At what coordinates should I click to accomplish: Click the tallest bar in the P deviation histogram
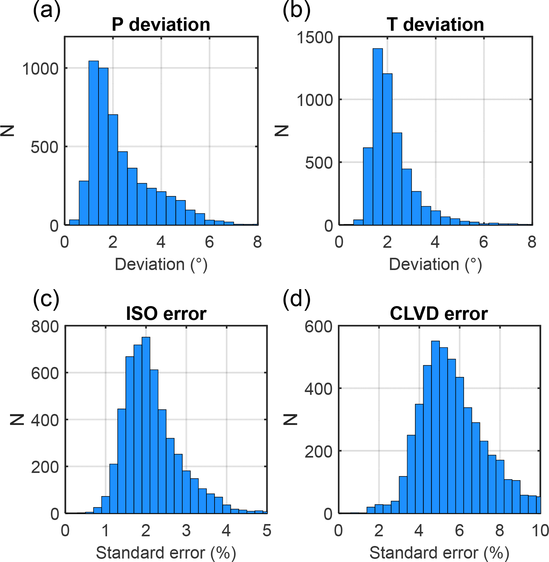(x=93, y=143)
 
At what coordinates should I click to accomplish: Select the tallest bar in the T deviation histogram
(x=378, y=136)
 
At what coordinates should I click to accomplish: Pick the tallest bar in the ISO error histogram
(x=146, y=425)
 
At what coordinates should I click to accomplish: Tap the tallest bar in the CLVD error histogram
(x=435, y=427)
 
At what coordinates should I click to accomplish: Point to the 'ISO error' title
(x=166, y=314)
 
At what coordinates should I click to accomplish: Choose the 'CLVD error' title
(x=439, y=314)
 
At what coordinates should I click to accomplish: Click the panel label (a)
(x=46, y=11)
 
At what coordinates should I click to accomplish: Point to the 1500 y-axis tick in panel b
(x=315, y=38)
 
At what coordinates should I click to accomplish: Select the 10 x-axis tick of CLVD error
(x=540, y=530)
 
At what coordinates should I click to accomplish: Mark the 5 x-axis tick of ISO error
(x=267, y=530)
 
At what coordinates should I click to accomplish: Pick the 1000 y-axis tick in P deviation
(x=40, y=69)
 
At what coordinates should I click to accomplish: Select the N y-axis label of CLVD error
(x=290, y=419)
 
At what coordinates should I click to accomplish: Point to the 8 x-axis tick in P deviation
(x=258, y=242)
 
